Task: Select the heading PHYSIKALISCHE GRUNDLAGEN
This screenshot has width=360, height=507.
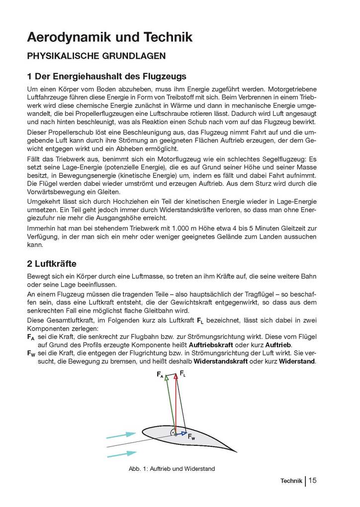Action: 96,56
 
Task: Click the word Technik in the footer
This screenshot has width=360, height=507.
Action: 291,481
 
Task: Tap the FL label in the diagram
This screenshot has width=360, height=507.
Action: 183,373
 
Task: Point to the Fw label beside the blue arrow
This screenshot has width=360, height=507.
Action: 191,438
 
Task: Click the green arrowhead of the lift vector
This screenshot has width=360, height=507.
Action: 167,378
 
